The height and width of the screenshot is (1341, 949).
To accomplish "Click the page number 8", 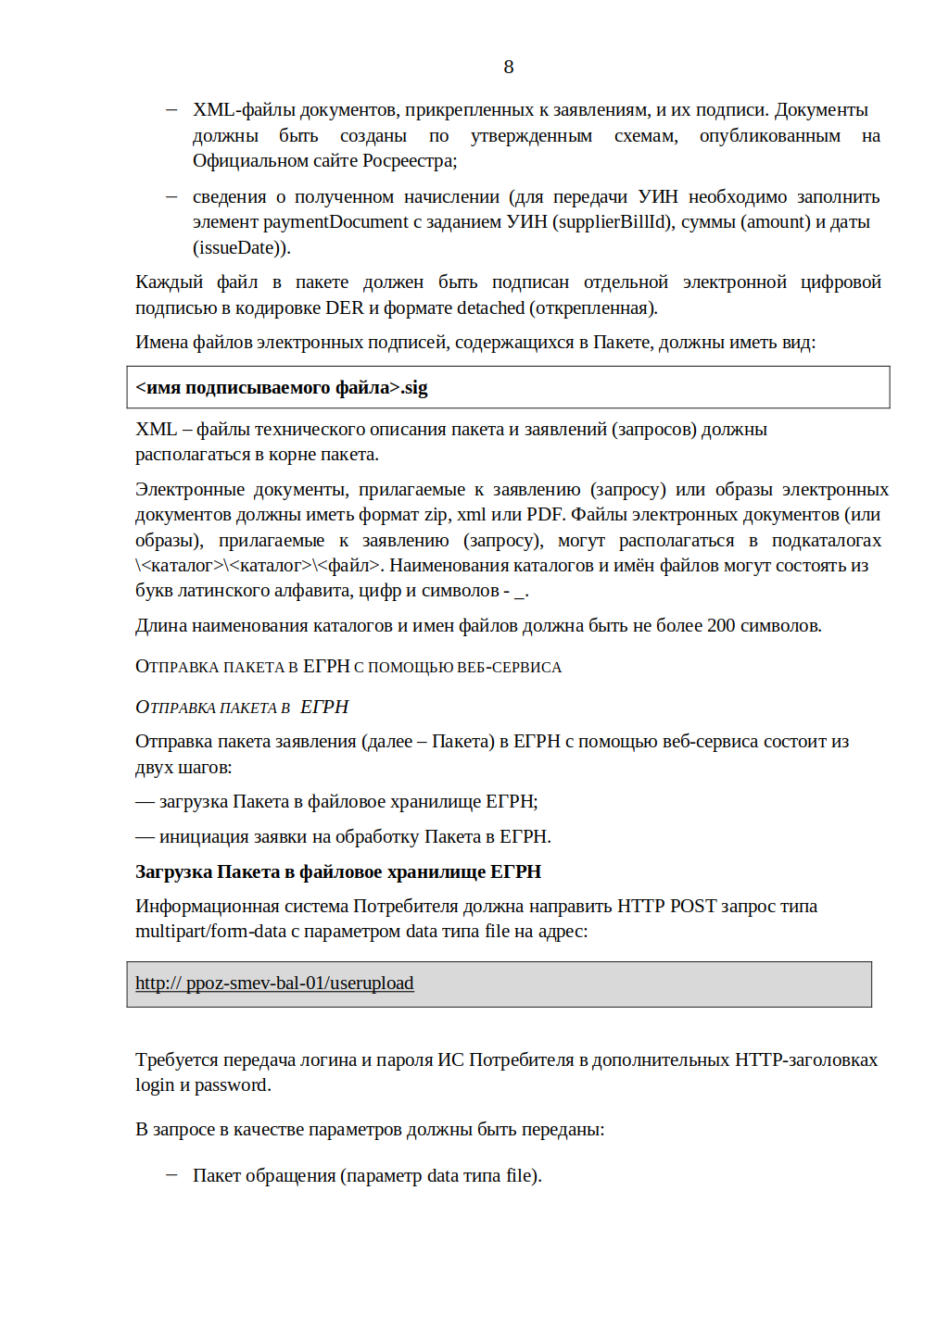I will click(508, 67).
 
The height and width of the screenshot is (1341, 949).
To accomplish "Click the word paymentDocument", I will click(335, 222).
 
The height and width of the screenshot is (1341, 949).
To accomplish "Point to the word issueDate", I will click(240, 248).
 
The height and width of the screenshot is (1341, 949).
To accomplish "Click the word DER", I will click(344, 308).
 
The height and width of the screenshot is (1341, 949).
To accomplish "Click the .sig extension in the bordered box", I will click(414, 388).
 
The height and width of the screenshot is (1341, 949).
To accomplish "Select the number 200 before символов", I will click(721, 626).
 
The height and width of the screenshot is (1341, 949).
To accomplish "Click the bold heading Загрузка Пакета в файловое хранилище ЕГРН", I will click(338, 872).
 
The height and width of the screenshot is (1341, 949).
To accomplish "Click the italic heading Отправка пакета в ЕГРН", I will click(242, 708).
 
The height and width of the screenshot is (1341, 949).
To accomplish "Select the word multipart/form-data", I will click(210, 932).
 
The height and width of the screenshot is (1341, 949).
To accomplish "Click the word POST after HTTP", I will click(693, 907).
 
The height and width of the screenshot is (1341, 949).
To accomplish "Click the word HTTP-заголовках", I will click(805, 1060).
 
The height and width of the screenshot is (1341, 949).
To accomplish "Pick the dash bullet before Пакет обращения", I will click(171, 1175).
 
